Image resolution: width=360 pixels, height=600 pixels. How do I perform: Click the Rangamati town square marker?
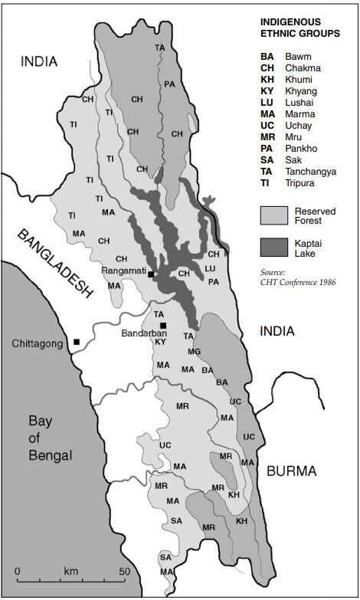point(152,274)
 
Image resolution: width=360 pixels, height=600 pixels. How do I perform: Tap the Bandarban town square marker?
point(163,326)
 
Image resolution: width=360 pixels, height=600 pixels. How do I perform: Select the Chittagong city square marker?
point(77,342)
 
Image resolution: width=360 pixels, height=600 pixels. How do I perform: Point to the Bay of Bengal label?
point(50,438)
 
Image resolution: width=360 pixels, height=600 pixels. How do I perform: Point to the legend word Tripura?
point(299,184)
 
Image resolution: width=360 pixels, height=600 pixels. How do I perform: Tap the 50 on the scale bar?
point(123,572)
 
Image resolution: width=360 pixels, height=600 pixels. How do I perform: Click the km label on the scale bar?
point(71,572)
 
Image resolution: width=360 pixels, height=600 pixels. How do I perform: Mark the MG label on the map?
point(194,351)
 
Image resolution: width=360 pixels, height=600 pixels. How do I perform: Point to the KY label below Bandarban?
point(160,342)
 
